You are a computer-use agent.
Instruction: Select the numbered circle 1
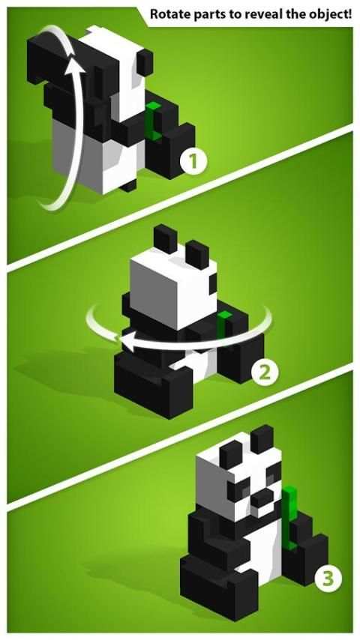193,161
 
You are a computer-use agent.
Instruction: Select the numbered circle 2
265,372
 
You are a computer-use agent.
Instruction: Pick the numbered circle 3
328,579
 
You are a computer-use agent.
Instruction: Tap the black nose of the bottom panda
261,497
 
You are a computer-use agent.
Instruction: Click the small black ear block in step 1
144,62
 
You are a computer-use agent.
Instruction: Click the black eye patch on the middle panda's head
213,284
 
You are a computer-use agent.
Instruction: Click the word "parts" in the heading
203,15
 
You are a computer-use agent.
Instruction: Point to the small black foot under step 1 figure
129,186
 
